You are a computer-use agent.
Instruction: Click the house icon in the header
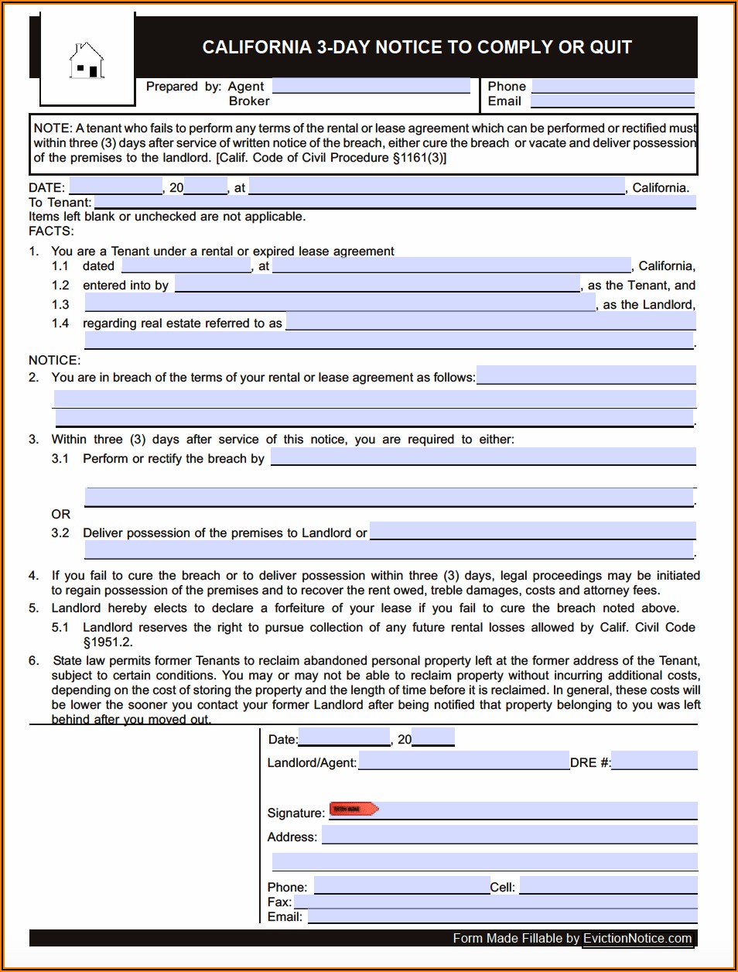[87, 61]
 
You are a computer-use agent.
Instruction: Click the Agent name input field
[371, 86]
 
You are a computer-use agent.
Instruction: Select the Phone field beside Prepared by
[613, 87]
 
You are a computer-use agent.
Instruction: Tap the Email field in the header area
[612, 101]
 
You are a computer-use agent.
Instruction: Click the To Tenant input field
[394, 202]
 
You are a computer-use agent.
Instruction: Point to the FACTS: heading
[51, 231]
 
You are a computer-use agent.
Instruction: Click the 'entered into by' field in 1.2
[377, 285]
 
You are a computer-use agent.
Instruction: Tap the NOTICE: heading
[54, 360]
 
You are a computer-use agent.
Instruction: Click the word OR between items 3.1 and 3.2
[61, 514]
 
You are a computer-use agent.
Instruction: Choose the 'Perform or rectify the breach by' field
[483, 457]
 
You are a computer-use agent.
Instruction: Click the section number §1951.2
[108, 642]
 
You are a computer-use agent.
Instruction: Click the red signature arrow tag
[354, 809]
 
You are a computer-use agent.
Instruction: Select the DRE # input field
[654, 762]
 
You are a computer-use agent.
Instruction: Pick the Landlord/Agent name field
[463, 762]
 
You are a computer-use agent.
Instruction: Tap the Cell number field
[608, 886]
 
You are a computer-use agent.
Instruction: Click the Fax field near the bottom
[495, 902]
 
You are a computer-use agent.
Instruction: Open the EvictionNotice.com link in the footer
[637, 938]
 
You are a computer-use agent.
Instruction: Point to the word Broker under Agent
[249, 101]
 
